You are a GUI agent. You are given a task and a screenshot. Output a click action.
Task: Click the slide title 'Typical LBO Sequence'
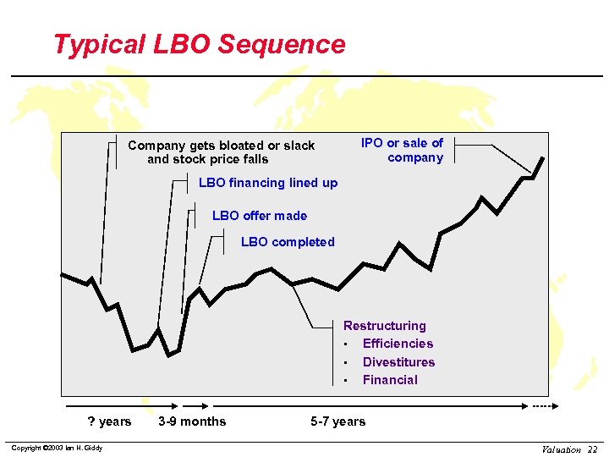(199, 44)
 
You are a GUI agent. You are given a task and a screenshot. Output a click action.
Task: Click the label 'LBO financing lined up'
(267, 183)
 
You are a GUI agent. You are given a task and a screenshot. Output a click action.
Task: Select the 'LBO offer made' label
(260, 216)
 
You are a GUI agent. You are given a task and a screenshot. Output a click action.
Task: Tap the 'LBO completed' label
(288, 242)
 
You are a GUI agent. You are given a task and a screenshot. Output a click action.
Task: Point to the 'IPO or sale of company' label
(402, 150)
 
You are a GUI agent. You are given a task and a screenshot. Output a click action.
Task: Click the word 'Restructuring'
(385, 326)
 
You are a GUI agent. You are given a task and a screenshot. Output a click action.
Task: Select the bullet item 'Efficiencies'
(398, 344)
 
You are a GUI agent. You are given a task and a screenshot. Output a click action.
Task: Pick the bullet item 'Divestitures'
(398, 362)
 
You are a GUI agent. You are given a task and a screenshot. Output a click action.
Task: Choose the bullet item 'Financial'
(390, 380)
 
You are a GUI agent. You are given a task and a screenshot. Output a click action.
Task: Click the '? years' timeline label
(110, 421)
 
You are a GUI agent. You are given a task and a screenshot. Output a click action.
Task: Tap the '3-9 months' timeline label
(192, 421)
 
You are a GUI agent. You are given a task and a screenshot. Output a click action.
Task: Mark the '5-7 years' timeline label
(338, 421)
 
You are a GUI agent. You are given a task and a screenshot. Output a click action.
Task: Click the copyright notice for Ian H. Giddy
(55, 448)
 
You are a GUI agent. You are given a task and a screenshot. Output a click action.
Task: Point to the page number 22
(593, 449)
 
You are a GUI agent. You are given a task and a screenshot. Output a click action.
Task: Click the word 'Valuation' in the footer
(562, 449)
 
